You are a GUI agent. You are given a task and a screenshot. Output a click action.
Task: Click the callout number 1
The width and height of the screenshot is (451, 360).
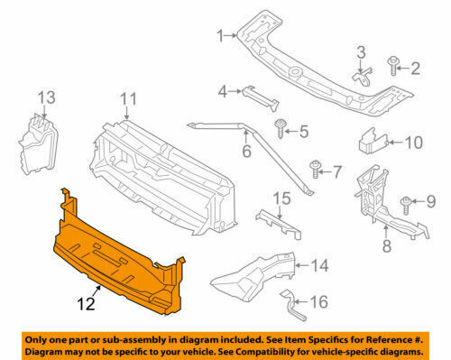pyautogui.click(x=221, y=36)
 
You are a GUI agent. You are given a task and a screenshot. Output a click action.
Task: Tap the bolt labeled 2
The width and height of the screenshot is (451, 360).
pyautogui.click(x=393, y=66)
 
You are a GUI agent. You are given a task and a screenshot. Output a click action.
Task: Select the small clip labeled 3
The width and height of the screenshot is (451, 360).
pyautogui.click(x=363, y=77)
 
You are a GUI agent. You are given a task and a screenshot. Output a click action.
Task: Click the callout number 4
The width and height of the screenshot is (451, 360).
pyautogui.click(x=223, y=92)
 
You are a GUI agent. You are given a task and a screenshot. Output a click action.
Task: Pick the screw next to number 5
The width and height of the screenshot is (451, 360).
pyautogui.click(x=280, y=128)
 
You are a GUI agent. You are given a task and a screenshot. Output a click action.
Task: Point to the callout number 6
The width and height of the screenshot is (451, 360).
pyautogui.click(x=246, y=151)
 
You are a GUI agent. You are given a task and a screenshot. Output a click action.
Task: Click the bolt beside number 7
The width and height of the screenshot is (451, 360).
pyautogui.click(x=315, y=170)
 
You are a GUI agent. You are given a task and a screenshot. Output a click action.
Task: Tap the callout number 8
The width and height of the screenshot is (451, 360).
pyautogui.click(x=387, y=245)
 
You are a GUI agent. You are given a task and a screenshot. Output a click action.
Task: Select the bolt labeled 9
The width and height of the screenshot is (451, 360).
pyautogui.click(x=406, y=206)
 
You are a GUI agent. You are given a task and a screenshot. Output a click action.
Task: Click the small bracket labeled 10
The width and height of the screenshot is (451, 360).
pyautogui.click(x=373, y=142)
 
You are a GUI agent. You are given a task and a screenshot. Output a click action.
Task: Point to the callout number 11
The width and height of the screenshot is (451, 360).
pyautogui.click(x=128, y=99)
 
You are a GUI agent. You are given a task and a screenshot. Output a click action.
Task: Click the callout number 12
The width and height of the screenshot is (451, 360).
pyautogui.click(x=87, y=304)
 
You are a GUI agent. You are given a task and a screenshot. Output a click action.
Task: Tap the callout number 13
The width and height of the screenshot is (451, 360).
pyautogui.click(x=47, y=97)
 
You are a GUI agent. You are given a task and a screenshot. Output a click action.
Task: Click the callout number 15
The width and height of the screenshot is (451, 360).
pyautogui.click(x=282, y=198)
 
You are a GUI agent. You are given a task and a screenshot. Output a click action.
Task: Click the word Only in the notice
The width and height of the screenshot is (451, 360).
pyautogui.click(x=35, y=340)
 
